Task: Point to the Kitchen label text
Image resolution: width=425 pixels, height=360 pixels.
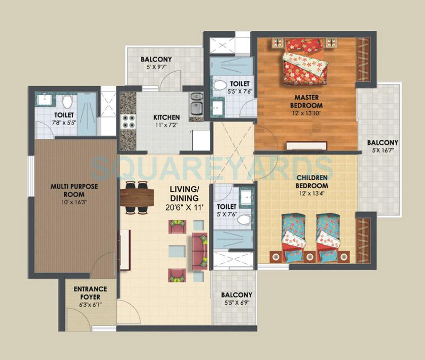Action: pyautogui.click(x=166, y=118)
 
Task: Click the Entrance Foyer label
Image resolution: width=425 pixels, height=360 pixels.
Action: pyautogui.click(x=90, y=293)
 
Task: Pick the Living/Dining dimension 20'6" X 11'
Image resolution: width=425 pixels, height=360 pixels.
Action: pyautogui.click(x=184, y=208)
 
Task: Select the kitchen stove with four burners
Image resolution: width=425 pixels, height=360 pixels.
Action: pyautogui.click(x=127, y=122)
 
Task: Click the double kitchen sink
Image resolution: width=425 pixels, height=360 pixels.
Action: pyautogui.click(x=195, y=104)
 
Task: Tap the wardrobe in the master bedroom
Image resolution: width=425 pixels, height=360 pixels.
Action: pyautogui.click(x=363, y=59)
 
